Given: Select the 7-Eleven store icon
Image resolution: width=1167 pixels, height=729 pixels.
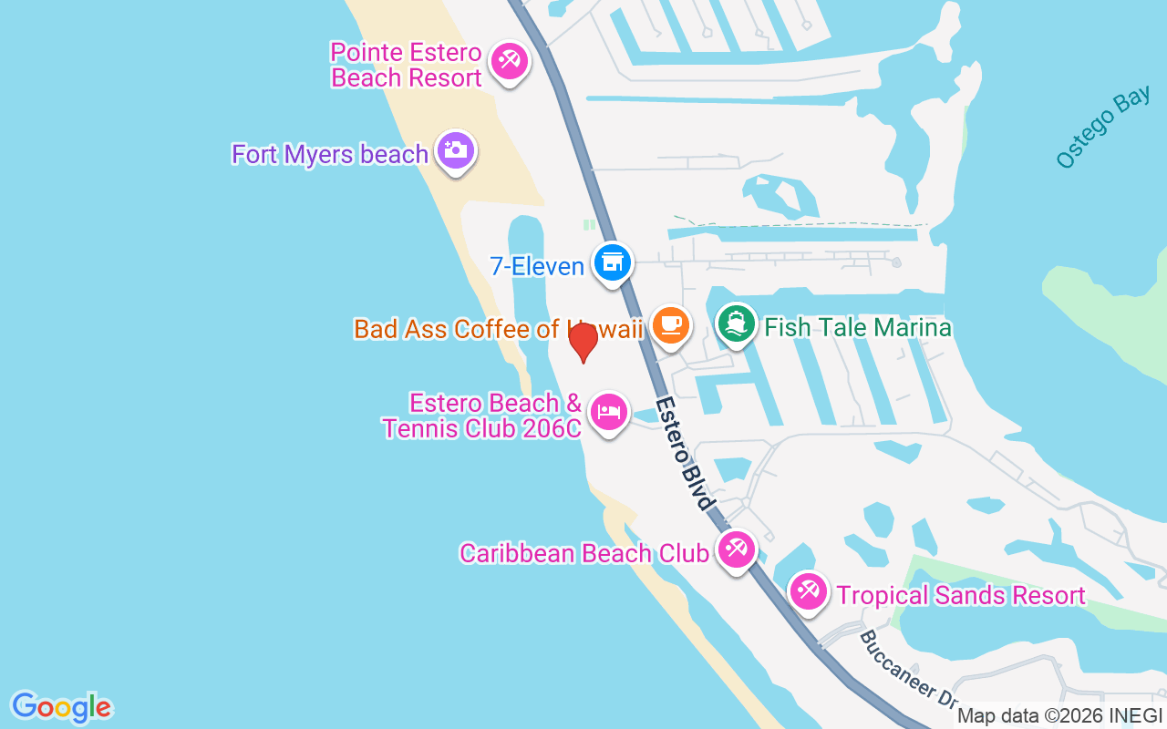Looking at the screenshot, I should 612,263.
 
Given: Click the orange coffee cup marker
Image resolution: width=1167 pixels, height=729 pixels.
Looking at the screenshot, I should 670,324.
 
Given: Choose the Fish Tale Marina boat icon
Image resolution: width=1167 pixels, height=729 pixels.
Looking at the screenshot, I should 736,323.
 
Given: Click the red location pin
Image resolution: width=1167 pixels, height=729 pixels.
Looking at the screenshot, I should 583,341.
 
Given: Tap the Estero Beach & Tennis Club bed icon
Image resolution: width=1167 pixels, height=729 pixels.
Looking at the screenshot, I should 609,413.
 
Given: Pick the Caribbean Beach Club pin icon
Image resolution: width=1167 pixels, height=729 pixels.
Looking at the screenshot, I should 736,549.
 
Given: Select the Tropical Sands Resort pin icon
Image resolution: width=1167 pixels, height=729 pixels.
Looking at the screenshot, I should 807,591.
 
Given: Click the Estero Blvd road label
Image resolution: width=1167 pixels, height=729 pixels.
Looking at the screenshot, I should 683,453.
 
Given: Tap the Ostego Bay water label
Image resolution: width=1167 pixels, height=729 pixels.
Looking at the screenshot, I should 1102,128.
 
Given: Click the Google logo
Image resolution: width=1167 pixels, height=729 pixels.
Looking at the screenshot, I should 61,707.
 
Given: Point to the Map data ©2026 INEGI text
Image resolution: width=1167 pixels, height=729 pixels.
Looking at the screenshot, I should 1059,716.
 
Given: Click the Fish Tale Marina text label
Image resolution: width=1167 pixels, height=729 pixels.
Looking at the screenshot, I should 858,327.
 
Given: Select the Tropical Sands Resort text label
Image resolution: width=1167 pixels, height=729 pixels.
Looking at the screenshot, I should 961,596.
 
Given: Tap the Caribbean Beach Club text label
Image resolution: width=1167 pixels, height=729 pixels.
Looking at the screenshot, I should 583,553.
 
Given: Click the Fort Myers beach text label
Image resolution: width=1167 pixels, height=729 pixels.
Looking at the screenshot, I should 330,154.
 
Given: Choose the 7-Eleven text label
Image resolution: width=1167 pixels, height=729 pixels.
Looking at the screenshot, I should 537,266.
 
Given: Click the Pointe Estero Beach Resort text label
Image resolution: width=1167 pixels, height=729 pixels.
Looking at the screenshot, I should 407,65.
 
